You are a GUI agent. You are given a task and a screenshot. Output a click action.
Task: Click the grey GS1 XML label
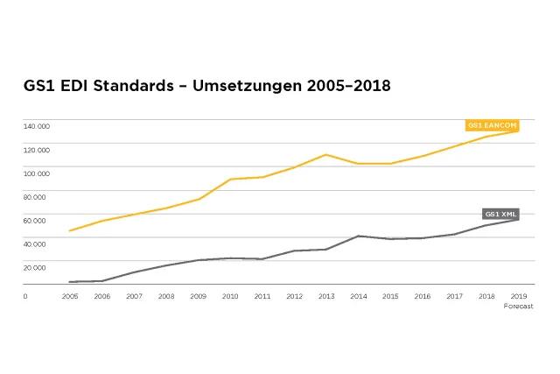pyautogui.click(x=502, y=214)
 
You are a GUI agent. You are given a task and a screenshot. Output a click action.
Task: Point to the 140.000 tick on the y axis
pyautogui.click(x=37, y=125)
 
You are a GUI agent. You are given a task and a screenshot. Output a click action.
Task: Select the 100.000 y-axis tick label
pyautogui.click(x=37, y=173)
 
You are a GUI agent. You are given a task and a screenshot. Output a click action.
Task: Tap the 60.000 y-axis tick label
pyautogui.click(x=35, y=220)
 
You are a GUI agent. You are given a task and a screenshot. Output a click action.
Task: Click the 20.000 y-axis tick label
pyautogui.click(x=35, y=267)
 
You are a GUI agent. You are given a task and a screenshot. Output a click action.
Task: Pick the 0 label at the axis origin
pyautogui.click(x=25, y=296)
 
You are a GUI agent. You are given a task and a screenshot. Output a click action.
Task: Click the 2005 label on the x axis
pyautogui.click(x=70, y=296)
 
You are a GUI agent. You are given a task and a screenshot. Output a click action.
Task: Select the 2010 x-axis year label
pyautogui.click(x=230, y=296)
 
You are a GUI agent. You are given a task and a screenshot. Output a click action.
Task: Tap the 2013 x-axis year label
pyautogui.click(x=326, y=296)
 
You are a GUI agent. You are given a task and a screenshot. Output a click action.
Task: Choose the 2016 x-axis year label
pyautogui.click(x=422, y=296)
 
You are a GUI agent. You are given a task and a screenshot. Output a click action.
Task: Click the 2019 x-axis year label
pyautogui.click(x=518, y=296)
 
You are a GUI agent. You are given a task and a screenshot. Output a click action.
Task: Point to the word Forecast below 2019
pyautogui.click(x=518, y=306)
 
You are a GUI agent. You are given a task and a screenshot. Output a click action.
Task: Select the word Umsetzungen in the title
pyautogui.click(x=243, y=87)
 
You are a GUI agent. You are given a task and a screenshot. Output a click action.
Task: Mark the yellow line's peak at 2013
pyautogui.click(x=325, y=155)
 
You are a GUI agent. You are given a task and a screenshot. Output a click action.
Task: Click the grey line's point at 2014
pyautogui.click(x=358, y=236)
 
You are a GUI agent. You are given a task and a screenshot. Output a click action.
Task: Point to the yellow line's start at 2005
pyautogui.click(x=70, y=230)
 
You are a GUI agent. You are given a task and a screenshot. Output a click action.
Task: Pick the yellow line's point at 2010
pyautogui.click(x=230, y=180)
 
